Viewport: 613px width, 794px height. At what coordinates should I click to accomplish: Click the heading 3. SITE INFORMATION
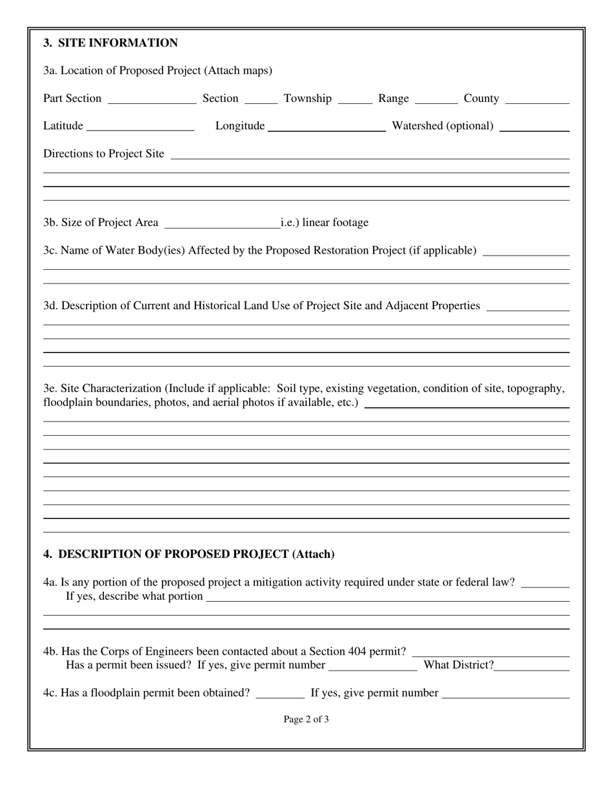click(x=110, y=43)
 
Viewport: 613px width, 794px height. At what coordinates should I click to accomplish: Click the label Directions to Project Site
click(x=104, y=154)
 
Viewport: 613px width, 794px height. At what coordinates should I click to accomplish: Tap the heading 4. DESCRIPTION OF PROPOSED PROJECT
click(x=188, y=554)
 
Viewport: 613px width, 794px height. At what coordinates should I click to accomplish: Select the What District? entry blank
click(x=532, y=666)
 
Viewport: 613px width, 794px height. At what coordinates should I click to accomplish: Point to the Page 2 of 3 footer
click(x=306, y=719)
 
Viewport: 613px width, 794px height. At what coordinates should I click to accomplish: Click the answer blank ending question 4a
click(x=545, y=584)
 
